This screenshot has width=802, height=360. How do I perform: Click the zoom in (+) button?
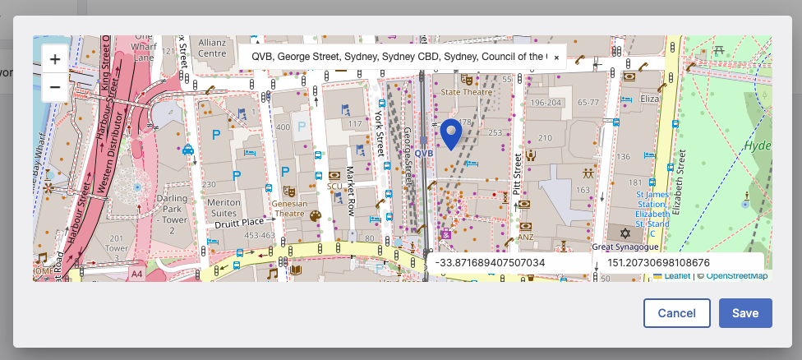pos(54,59)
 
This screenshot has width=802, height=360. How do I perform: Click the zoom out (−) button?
pos(54,86)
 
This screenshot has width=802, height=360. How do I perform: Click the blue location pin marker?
pos(451,134)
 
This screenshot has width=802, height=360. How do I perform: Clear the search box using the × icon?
pos(556,58)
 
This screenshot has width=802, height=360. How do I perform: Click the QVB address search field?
pos(394,57)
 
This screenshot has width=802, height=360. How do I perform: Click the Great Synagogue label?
pos(626,246)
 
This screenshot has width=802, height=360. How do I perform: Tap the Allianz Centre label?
pos(211,46)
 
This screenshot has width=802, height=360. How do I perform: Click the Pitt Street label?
pos(518,172)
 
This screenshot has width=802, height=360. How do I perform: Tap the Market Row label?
pos(350,190)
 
